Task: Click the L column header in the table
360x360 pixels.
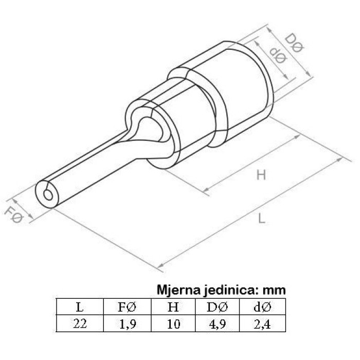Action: pos(80,307)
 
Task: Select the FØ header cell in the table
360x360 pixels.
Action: pos(127,307)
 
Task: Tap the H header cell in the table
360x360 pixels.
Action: pos(173,307)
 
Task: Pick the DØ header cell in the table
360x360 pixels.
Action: pos(217,307)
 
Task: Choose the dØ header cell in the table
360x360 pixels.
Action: pos(262,307)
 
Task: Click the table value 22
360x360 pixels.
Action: pos(80,323)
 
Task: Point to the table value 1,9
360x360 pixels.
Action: pos(128,324)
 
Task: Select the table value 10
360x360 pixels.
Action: pos(173,323)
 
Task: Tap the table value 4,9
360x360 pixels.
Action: pos(218,324)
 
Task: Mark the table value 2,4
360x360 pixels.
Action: pos(262,324)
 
